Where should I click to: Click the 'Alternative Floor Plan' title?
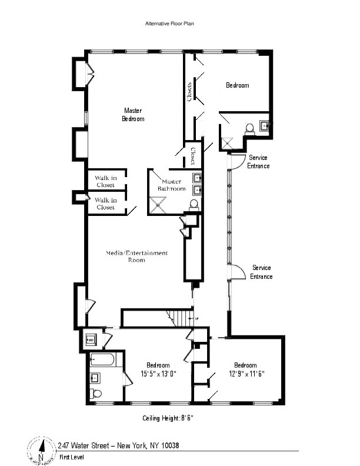[169, 24]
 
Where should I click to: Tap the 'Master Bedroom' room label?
[133, 115]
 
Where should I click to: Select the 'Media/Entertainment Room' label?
[136, 256]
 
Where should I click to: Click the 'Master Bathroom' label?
[174, 185]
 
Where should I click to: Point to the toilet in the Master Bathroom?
[194, 204]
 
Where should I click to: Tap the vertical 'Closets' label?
[189, 91]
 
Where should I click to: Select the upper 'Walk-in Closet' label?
[105, 181]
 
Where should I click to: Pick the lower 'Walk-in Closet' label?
[105, 204]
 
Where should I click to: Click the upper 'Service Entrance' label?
[259, 162]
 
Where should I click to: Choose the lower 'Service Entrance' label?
[261, 272]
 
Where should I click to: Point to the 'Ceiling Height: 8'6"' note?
[168, 418]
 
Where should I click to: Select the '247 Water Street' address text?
[118, 445]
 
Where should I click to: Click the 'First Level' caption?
[69, 457]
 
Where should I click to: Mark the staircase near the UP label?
[179, 318]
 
